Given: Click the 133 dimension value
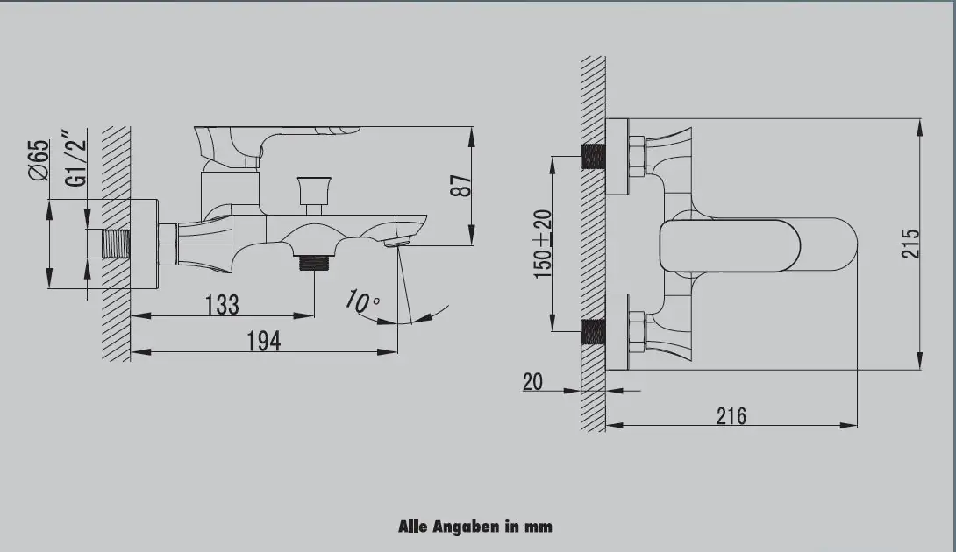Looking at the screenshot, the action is click(222, 305).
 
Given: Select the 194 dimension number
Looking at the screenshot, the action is click(264, 341).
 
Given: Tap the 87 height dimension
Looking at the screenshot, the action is click(461, 186).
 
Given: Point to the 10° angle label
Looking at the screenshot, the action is click(362, 301).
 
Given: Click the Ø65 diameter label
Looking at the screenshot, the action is click(38, 159).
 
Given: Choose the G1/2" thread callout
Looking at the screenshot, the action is click(77, 157).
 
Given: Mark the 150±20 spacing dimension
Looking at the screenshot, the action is click(543, 244).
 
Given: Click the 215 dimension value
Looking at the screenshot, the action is click(910, 244).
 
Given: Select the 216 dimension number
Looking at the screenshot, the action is click(731, 416).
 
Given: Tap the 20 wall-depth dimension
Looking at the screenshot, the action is click(532, 382).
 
